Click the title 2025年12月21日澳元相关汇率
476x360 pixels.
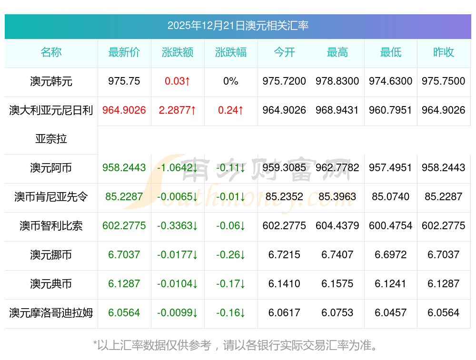tap(238, 26)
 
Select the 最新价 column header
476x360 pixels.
tap(124, 52)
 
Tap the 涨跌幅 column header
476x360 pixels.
tap(231, 52)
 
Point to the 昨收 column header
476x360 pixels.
tap(444, 52)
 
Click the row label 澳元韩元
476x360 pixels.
tap(51, 81)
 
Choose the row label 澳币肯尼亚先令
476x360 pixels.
tap(51, 197)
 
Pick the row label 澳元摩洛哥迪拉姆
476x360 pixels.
tap(51, 313)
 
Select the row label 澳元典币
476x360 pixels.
tap(51, 284)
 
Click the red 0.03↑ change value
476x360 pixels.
tap(178, 81)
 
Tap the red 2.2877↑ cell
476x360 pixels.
tap(178, 110)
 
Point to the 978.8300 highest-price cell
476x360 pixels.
tap(337, 81)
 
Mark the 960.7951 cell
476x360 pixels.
tap(391, 110)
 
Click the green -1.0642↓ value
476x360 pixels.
tap(178, 168)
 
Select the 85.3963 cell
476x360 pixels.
tap(337, 197)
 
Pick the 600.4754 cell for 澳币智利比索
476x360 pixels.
tap(391, 226)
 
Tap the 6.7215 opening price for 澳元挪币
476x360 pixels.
tap(284, 255)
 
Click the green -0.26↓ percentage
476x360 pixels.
tap(231, 255)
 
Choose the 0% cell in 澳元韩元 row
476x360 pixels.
tap(231, 81)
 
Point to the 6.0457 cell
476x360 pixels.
tap(391, 313)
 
